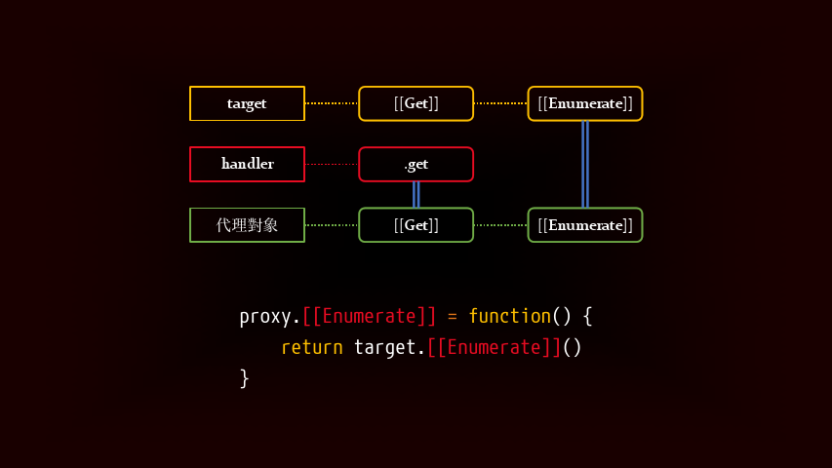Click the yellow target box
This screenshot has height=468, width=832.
click(247, 103)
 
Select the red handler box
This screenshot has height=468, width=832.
click(247, 164)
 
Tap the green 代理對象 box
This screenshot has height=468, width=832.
click(247, 225)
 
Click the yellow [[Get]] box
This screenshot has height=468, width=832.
click(416, 103)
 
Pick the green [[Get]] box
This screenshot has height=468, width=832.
click(416, 225)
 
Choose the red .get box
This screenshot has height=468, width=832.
click(416, 164)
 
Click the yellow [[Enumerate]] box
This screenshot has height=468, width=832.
click(585, 103)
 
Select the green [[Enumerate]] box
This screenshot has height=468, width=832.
click(585, 225)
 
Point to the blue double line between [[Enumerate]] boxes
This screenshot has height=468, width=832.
click(585, 164)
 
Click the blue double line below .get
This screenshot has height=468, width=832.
click(416, 194)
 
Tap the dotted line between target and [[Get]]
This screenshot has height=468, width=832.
click(332, 103)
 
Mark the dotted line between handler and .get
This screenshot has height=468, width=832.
click(332, 164)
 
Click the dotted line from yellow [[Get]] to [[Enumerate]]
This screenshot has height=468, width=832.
click(500, 103)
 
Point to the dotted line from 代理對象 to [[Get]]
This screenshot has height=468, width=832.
click(332, 225)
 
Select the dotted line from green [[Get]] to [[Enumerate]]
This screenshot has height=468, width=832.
click(500, 225)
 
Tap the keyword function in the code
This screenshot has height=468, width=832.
click(509, 316)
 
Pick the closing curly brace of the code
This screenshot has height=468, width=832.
click(245, 377)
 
